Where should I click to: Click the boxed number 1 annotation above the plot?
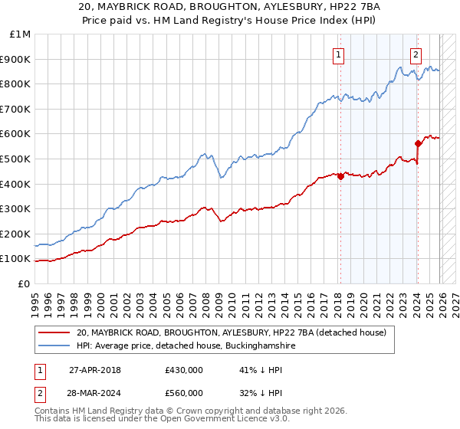[x=338, y=54]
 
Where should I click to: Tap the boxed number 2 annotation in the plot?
[x=416, y=54]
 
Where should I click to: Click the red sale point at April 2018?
[x=340, y=176]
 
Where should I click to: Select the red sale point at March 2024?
[x=418, y=143]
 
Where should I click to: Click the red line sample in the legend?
[x=55, y=332]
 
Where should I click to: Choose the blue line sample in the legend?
[x=55, y=346]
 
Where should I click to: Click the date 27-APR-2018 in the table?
[x=95, y=369]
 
